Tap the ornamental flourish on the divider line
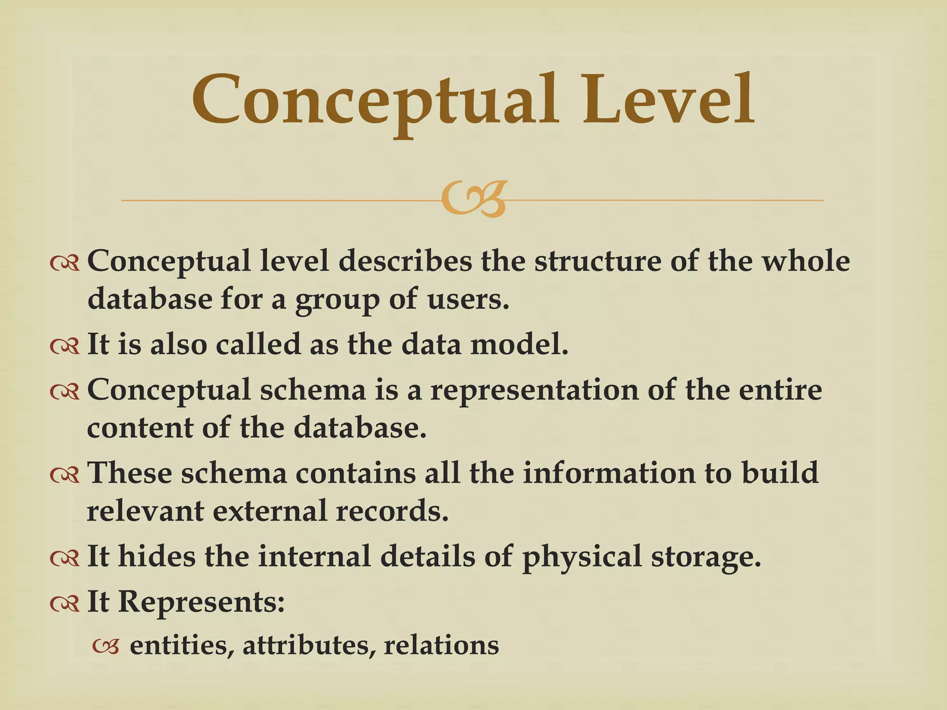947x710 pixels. click(x=473, y=199)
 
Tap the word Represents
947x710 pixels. click(x=201, y=602)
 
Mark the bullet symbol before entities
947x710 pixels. click(x=106, y=647)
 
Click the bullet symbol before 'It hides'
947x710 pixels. click(x=65, y=557)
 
